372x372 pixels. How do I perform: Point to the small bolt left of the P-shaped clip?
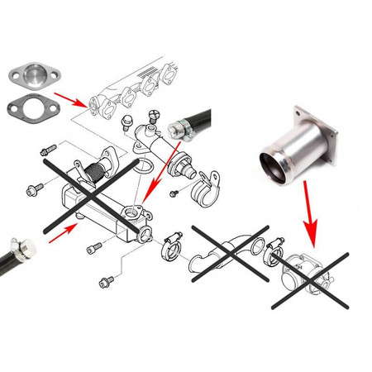point(174,193)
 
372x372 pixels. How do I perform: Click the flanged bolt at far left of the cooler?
point(35,191)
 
